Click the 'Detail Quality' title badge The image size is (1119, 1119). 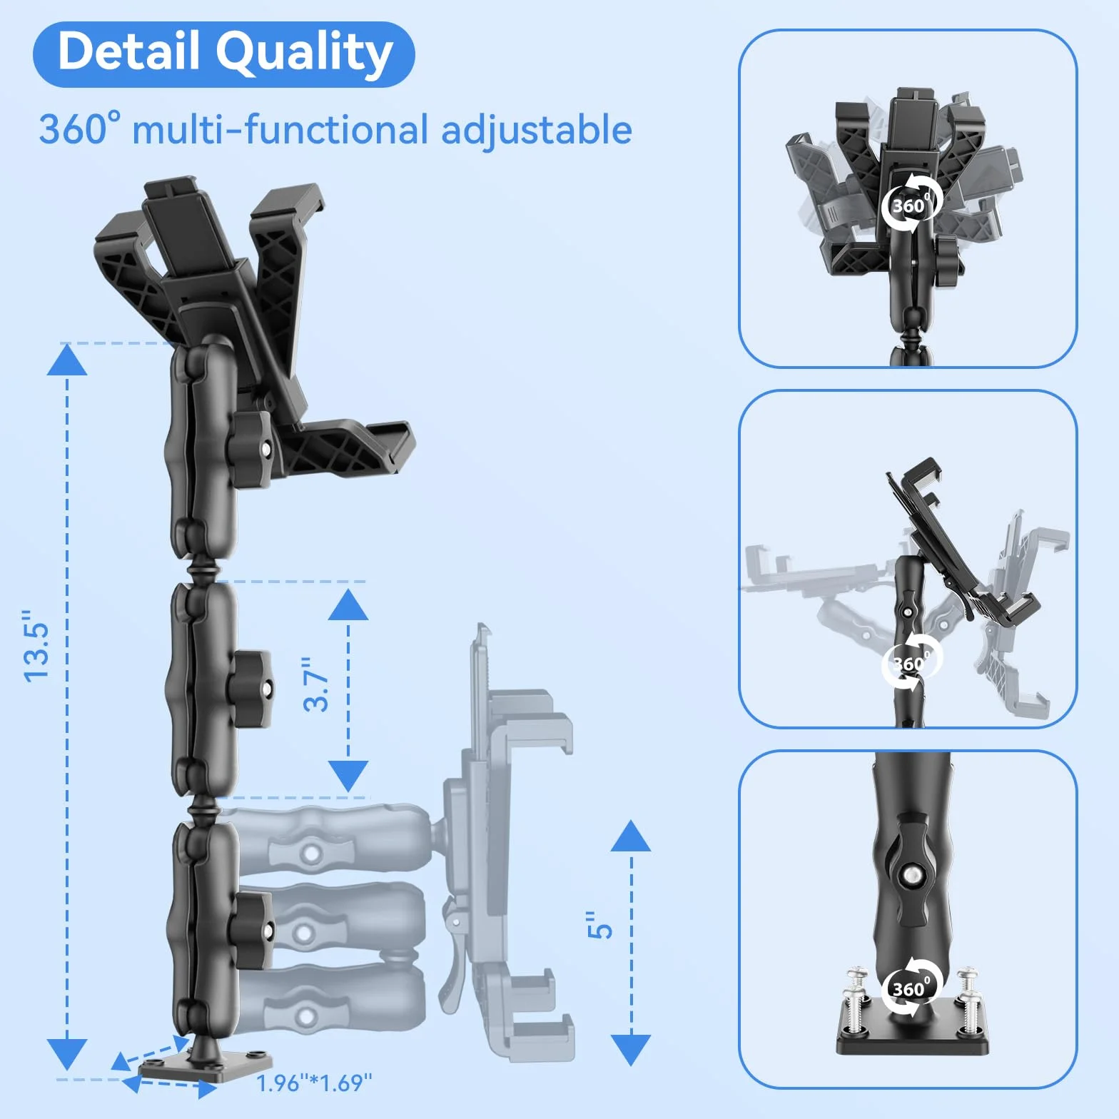pos(224,54)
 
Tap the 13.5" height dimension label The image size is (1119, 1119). pos(36,646)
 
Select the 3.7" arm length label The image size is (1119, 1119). pos(316,684)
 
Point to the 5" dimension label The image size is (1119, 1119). pos(600,925)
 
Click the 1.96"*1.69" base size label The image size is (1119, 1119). pos(315,1083)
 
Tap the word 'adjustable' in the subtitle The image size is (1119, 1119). pos(537,131)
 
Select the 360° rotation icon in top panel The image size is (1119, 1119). pos(911,206)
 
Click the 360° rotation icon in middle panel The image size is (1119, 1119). pos(912,663)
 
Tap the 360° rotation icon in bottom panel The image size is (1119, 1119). pos(912,988)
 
